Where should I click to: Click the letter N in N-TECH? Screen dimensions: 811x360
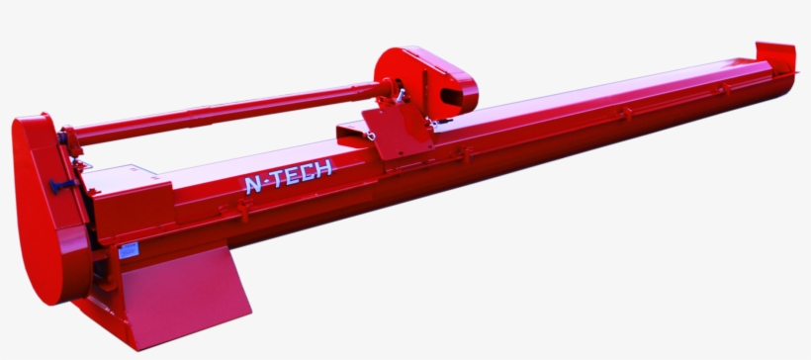(x=253, y=184)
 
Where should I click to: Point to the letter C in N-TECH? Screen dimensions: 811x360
(x=308, y=173)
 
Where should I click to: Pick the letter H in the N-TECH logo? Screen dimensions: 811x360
(x=323, y=169)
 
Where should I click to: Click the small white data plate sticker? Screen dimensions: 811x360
(x=129, y=250)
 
